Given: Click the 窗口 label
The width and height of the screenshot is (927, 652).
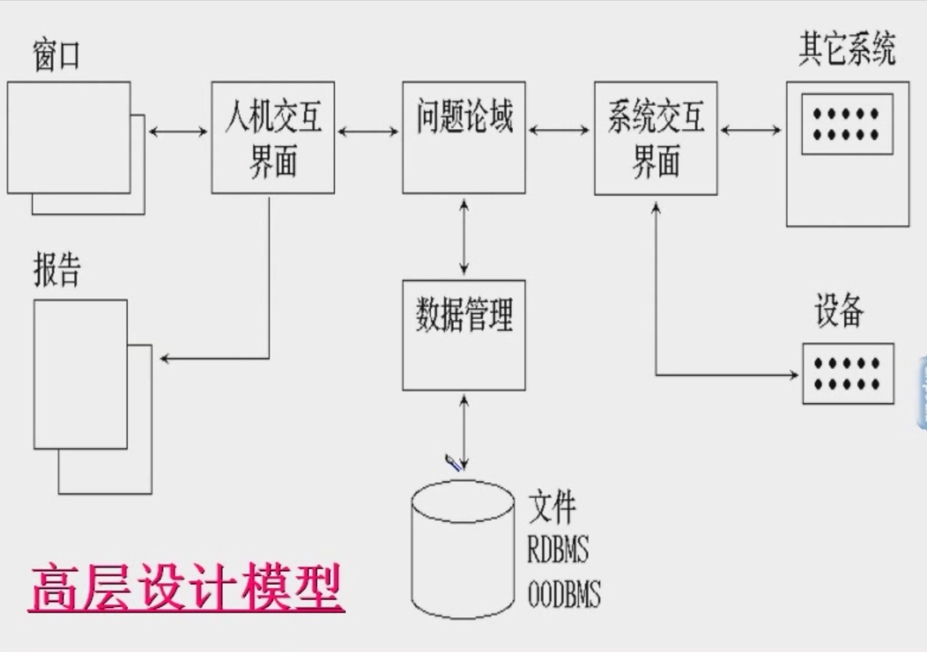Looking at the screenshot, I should (57, 55).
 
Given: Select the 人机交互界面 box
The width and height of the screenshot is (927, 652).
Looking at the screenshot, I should (272, 138).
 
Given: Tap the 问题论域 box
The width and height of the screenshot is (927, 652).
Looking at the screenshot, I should (464, 138).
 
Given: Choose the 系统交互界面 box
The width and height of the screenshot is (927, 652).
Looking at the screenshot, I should (655, 138).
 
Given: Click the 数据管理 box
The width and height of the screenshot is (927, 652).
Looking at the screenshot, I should (464, 335).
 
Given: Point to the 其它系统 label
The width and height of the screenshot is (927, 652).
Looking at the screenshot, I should (847, 49).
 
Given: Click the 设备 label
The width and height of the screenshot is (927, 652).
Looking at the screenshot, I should (839, 311).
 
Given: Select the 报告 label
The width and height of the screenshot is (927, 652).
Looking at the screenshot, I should (57, 269).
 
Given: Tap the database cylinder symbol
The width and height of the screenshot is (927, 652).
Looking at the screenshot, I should (463, 550).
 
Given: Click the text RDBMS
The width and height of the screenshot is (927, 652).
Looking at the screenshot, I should (558, 549).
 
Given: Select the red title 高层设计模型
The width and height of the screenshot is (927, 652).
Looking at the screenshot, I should (186, 588).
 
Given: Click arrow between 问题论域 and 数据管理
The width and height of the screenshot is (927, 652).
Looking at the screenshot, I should (464, 237).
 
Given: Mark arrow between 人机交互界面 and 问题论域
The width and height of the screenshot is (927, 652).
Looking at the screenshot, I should (368, 132).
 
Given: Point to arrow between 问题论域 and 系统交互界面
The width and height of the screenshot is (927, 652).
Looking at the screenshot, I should (559, 130).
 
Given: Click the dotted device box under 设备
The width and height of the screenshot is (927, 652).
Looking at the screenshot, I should (847, 374).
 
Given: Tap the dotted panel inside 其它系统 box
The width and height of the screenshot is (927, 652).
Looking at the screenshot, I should (847, 124).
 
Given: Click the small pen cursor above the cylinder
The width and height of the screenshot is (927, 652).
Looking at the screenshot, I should (453, 463).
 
